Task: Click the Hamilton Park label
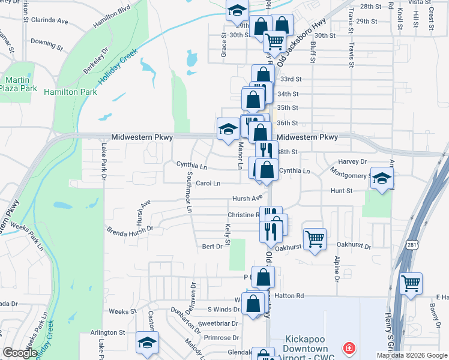[70, 92]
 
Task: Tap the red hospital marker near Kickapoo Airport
[348, 347]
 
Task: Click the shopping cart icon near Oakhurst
[315, 239]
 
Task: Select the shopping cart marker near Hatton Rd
[411, 284]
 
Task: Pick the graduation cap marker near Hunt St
[382, 178]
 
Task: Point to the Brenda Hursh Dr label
[130, 229]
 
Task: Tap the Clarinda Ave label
[50, 20]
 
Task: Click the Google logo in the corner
[20, 353]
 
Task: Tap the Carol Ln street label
[208, 183]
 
